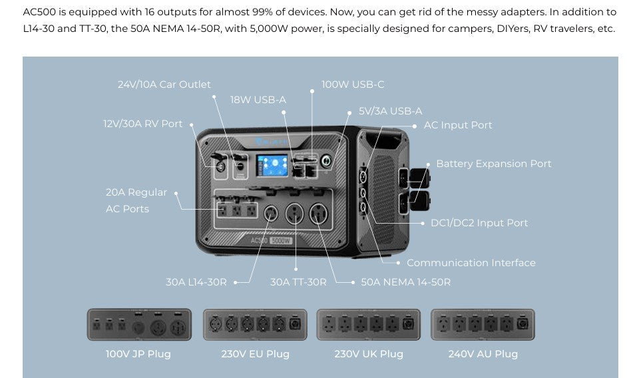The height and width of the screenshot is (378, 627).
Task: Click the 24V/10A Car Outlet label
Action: point(164,85)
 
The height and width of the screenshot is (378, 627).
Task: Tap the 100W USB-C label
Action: point(353,85)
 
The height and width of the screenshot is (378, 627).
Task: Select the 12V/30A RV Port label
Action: point(142,124)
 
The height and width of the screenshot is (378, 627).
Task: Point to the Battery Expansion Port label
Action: point(493,164)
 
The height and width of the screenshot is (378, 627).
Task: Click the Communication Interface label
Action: point(471,263)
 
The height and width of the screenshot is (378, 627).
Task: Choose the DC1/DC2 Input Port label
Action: point(479,223)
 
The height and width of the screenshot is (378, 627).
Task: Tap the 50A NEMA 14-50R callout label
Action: point(405,282)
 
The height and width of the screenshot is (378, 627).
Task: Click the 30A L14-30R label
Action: point(196,282)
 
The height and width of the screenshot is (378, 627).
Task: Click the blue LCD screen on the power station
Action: point(272,165)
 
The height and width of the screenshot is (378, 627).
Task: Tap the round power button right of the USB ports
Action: point(326,161)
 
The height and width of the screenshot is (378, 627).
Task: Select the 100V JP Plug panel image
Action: point(139,324)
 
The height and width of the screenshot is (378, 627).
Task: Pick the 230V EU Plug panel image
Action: point(255,324)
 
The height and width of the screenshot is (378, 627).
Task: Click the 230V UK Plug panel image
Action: point(368,324)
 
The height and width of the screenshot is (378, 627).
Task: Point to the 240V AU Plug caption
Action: point(483,354)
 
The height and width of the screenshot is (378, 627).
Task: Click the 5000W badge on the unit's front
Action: point(281,240)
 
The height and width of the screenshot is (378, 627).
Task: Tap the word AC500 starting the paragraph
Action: point(39,12)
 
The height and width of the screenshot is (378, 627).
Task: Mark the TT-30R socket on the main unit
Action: point(295,214)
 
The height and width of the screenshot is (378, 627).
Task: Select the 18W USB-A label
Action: point(258,100)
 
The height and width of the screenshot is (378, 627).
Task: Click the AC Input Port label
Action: point(458,125)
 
